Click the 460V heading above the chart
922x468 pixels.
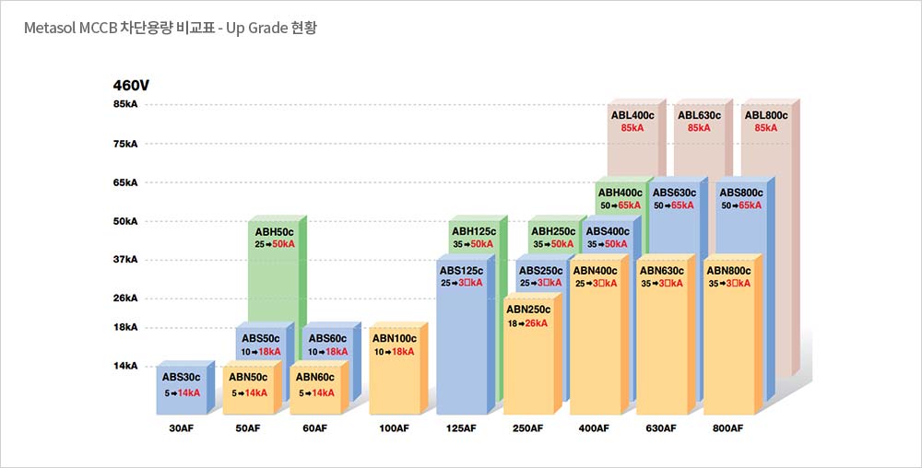131,86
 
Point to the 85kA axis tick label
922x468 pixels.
125,105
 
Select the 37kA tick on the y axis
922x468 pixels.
125,260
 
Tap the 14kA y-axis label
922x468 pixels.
125,366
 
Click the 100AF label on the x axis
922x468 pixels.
394,428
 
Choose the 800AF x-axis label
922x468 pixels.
727,428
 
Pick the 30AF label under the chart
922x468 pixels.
181,428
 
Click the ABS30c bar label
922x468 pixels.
181,377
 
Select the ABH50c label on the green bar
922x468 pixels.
274,231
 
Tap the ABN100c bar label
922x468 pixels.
395,338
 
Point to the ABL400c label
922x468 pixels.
632,115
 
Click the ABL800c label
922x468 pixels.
766,115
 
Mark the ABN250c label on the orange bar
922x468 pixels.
528,310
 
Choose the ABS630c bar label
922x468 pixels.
673,193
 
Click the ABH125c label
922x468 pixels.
474,231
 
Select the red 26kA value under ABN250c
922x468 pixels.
536,323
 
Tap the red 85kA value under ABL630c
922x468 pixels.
699,128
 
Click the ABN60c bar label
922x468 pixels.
314,377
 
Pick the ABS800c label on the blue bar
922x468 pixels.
740,193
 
